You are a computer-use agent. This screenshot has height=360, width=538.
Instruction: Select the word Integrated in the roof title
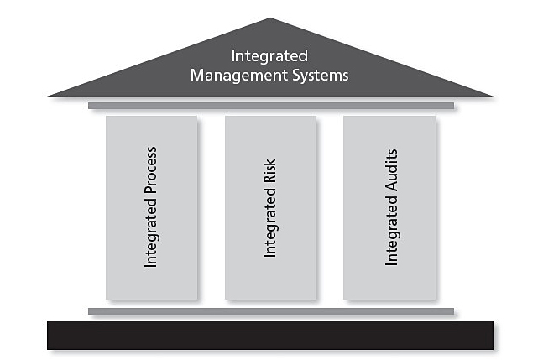click(x=269, y=56)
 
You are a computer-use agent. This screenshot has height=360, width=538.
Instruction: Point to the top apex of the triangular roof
click(x=269, y=19)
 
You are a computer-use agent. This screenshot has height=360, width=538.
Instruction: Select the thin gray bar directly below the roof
click(x=270, y=106)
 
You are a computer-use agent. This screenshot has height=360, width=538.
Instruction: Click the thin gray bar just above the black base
click(x=270, y=311)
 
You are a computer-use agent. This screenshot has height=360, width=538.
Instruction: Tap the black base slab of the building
click(x=270, y=334)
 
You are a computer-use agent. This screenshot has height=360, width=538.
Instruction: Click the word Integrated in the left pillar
click(x=152, y=235)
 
